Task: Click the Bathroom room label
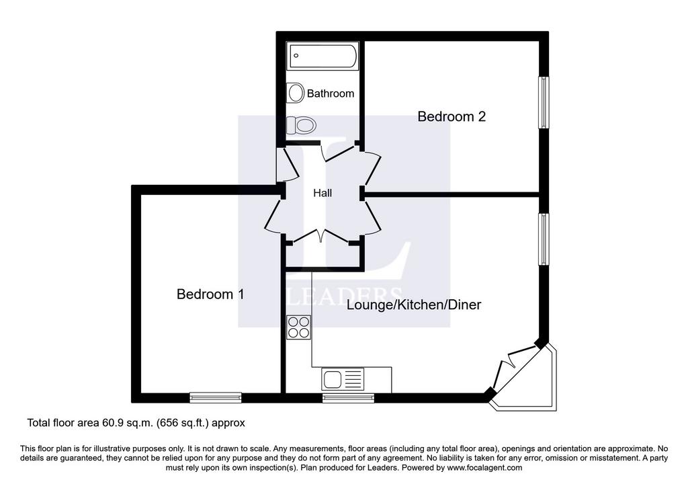click(331, 93)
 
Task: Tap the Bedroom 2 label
click(451, 117)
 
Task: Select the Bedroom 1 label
click(210, 294)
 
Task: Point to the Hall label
click(322, 193)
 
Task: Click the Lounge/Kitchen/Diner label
click(414, 305)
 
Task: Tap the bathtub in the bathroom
click(322, 56)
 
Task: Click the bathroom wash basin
click(296, 93)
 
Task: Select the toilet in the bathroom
click(301, 126)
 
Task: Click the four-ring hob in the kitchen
click(299, 327)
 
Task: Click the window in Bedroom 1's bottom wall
click(216, 398)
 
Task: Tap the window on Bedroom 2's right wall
click(544, 103)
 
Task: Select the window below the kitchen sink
click(349, 398)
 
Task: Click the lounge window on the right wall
click(544, 239)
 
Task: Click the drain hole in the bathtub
click(296, 56)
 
